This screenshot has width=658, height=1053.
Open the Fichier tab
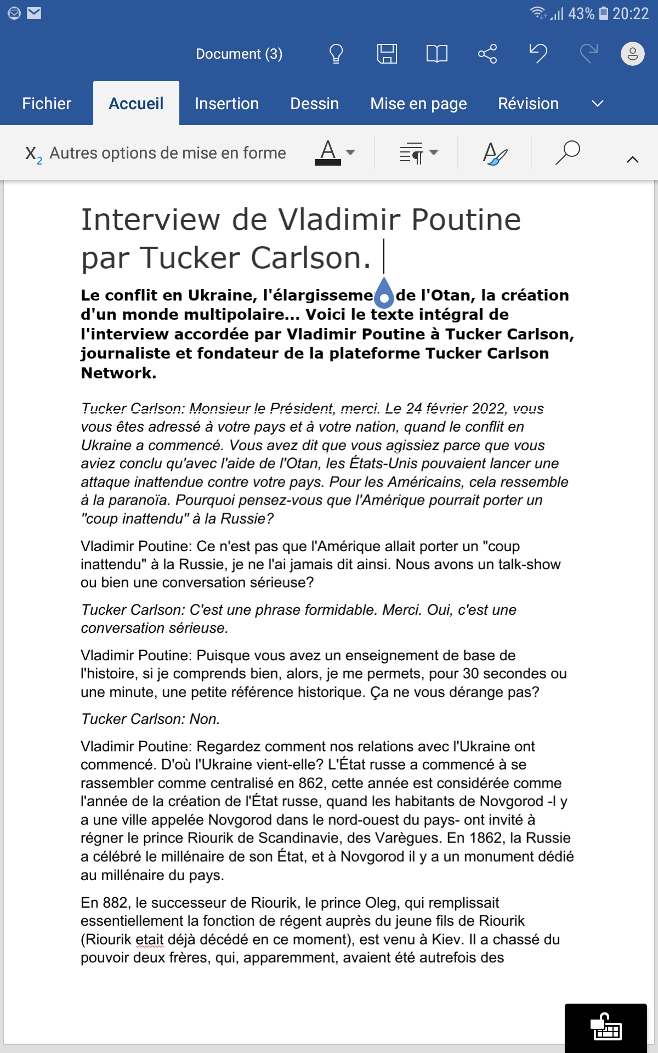click(x=47, y=104)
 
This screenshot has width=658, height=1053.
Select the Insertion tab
click(x=226, y=104)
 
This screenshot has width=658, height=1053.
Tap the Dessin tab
click(x=314, y=104)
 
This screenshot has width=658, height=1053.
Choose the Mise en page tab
click(x=418, y=104)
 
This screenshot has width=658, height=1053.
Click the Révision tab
click(x=528, y=104)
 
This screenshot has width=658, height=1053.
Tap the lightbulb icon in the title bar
click(x=336, y=54)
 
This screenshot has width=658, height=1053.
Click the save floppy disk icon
click(x=387, y=54)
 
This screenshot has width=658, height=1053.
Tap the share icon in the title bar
click(x=487, y=54)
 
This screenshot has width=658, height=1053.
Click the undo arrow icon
click(x=538, y=54)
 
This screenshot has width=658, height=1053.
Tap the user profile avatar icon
click(x=632, y=54)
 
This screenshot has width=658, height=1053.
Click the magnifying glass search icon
click(x=568, y=152)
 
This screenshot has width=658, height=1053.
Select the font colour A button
click(x=328, y=152)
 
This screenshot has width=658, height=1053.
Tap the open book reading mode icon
click(x=436, y=54)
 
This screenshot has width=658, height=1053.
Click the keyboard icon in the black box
click(x=606, y=1027)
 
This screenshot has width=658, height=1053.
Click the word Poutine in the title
click(x=466, y=220)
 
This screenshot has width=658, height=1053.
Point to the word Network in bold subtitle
click(x=118, y=373)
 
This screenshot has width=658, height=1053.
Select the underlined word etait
click(x=149, y=939)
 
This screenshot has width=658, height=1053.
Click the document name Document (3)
click(x=239, y=54)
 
